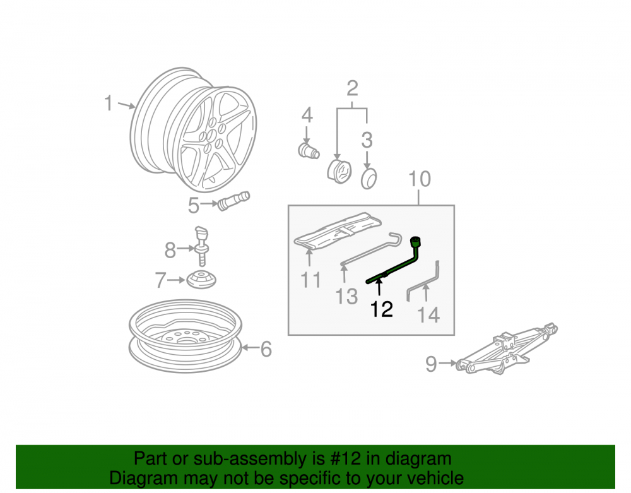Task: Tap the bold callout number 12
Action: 381,309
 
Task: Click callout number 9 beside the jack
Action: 431,364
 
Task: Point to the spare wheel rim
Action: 186,335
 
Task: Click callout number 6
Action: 266,349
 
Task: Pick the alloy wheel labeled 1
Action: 193,129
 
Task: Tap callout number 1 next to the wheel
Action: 109,103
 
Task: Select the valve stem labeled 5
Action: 233,201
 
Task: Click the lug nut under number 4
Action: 309,150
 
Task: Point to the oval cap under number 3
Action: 369,178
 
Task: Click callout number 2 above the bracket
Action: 352,88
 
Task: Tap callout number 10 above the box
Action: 420,179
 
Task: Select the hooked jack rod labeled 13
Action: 370,249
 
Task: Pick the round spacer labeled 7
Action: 201,279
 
